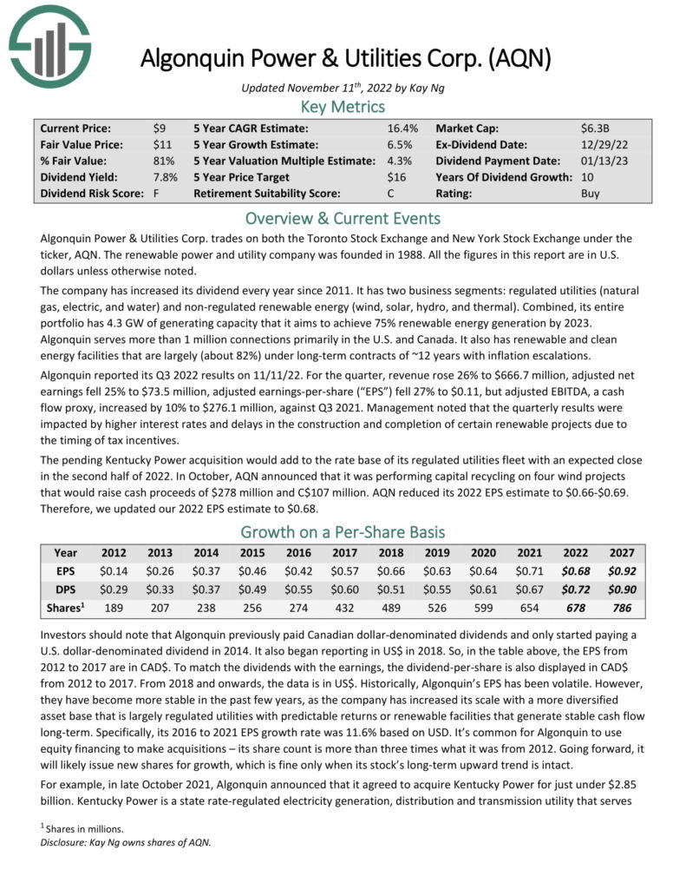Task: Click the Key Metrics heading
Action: point(343,107)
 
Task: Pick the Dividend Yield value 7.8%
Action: point(164,177)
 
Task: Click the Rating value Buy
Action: point(590,194)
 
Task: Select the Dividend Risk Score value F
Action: point(156,194)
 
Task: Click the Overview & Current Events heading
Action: point(343,218)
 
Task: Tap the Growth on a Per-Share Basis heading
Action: point(343,531)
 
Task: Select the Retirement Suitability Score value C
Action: point(391,194)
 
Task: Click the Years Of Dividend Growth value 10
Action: point(587,177)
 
